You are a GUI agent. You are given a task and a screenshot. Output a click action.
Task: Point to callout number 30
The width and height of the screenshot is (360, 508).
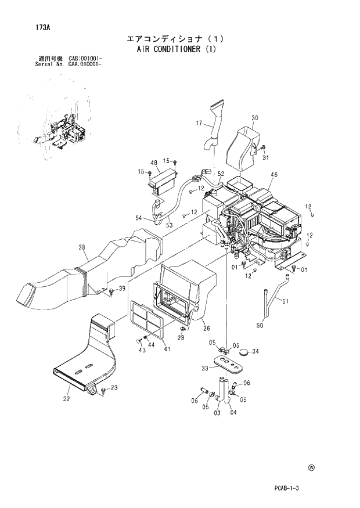[x=254, y=118]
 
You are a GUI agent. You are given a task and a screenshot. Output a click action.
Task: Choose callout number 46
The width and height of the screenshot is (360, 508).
[x=274, y=174]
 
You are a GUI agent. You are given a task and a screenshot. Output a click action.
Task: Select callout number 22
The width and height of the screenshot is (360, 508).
[x=66, y=398]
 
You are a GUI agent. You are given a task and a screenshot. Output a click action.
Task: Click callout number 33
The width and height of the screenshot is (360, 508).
[x=205, y=368]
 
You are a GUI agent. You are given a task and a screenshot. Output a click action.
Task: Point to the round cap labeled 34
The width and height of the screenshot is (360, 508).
[x=242, y=352]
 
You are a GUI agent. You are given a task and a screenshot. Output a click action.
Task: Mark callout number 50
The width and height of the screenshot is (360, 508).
[x=260, y=326]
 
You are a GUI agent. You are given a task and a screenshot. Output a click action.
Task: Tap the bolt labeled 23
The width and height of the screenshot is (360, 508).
[x=103, y=390]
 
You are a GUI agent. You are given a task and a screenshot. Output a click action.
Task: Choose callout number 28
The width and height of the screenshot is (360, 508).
[x=181, y=337]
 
